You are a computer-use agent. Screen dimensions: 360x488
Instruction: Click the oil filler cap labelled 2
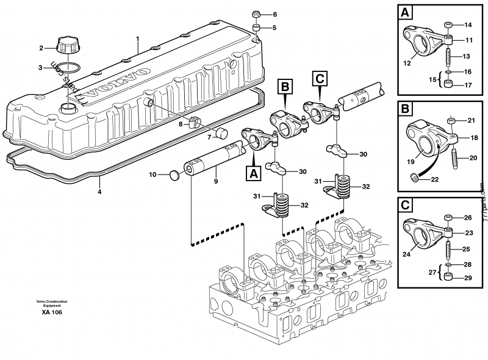[x=65, y=46]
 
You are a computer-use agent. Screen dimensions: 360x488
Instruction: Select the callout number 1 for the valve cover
[x=138, y=39]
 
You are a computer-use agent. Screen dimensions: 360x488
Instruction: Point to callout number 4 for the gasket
[x=100, y=192]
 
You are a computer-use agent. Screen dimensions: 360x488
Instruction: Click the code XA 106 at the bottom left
[x=52, y=312]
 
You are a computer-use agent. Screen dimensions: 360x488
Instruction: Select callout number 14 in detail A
[x=468, y=25]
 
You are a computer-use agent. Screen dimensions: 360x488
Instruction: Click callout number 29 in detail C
[x=468, y=278]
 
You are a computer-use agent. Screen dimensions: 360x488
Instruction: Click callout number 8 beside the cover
[x=181, y=124]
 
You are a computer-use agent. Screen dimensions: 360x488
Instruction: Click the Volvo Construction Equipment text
[x=51, y=303]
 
